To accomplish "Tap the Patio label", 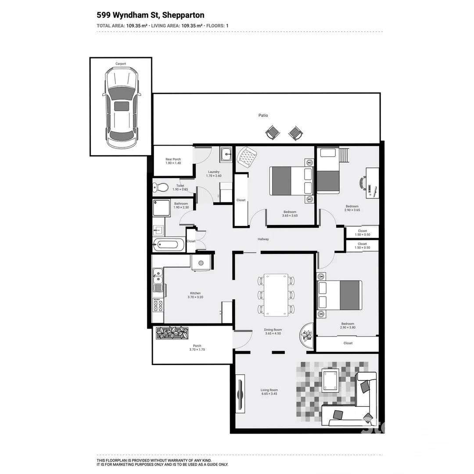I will pyautogui.click(x=263, y=115).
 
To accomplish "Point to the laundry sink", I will pyautogui.click(x=226, y=154).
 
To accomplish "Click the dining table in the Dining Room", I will pyautogui.click(x=276, y=294).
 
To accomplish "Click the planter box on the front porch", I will pyautogui.click(x=172, y=333).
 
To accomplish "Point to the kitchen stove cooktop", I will pyautogui.click(x=158, y=305).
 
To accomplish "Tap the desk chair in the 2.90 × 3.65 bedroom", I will pyautogui.click(x=363, y=183).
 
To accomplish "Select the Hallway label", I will pyautogui.click(x=263, y=239).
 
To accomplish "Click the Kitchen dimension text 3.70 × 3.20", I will pyautogui.click(x=195, y=297).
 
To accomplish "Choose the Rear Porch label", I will pyautogui.click(x=173, y=159).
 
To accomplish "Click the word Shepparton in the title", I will pyautogui.click(x=183, y=15).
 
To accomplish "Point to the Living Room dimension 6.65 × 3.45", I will pyautogui.click(x=269, y=394).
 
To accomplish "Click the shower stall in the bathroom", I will pyautogui.click(x=162, y=208).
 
